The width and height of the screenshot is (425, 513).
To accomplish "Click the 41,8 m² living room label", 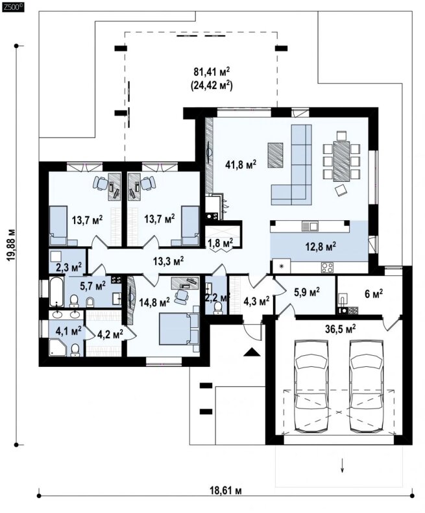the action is tap(241, 164).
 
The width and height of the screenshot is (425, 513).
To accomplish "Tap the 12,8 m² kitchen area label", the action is tap(321, 246).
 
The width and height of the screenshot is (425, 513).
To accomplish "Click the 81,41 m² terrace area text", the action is tap(212, 71).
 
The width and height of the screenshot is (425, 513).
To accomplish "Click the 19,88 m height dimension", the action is tap(12, 245).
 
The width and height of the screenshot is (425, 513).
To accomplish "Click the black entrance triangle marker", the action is tap(251, 352).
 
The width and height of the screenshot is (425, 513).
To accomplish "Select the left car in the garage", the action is tap(311, 386).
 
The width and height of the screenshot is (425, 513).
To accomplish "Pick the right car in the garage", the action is tap(367, 386).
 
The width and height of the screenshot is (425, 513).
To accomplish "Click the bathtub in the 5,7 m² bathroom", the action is tap(56, 292).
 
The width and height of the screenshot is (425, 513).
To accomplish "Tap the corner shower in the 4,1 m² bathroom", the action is tap(58, 348).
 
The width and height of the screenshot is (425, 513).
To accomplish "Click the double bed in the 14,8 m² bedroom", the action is tap(179, 329).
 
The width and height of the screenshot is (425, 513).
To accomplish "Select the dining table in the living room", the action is tap(341, 161).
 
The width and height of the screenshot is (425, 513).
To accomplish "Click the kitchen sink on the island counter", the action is tap(310, 226).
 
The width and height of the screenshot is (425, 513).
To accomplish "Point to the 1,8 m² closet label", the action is tap(221, 242).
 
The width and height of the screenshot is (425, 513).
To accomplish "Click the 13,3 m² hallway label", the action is tap(168, 260).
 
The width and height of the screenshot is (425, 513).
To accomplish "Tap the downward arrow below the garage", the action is tap(343, 466).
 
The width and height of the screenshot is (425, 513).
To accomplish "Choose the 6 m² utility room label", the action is tap(374, 294).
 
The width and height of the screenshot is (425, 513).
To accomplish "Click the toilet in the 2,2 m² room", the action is tap(218, 308).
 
